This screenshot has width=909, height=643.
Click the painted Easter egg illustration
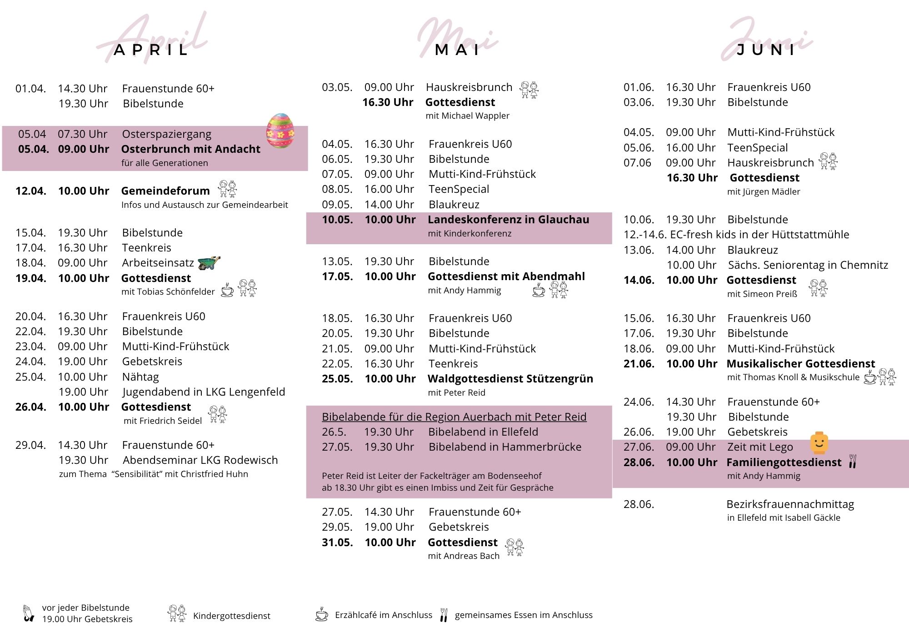[x=280, y=131]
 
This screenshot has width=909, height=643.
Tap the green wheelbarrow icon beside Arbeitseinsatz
[x=209, y=262]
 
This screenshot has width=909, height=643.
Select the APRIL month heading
[x=151, y=50]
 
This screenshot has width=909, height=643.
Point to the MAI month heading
[x=458, y=50]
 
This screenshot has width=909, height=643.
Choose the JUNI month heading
[x=766, y=50]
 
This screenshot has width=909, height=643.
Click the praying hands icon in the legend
[x=29, y=613]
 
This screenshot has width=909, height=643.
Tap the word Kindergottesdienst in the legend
[x=231, y=616]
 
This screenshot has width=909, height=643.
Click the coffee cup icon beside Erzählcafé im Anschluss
[x=322, y=614]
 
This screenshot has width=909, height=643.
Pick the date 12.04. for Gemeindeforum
[x=31, y=191]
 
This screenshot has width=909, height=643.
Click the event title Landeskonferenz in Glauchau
[x=508, y=220]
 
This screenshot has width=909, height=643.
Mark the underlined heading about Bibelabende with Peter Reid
[x=454, y=417]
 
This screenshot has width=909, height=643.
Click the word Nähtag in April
[x=140, y=377]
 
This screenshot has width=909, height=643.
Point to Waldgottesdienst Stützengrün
[x=510, y=379]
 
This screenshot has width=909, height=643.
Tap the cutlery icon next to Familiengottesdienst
[x=853, y=462]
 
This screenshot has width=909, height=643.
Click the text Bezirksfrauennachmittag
[x=790, y=504]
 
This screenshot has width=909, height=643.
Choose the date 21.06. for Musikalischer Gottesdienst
[x=639, y=364]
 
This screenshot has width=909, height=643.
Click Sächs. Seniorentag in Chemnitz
[x=808, y=265]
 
